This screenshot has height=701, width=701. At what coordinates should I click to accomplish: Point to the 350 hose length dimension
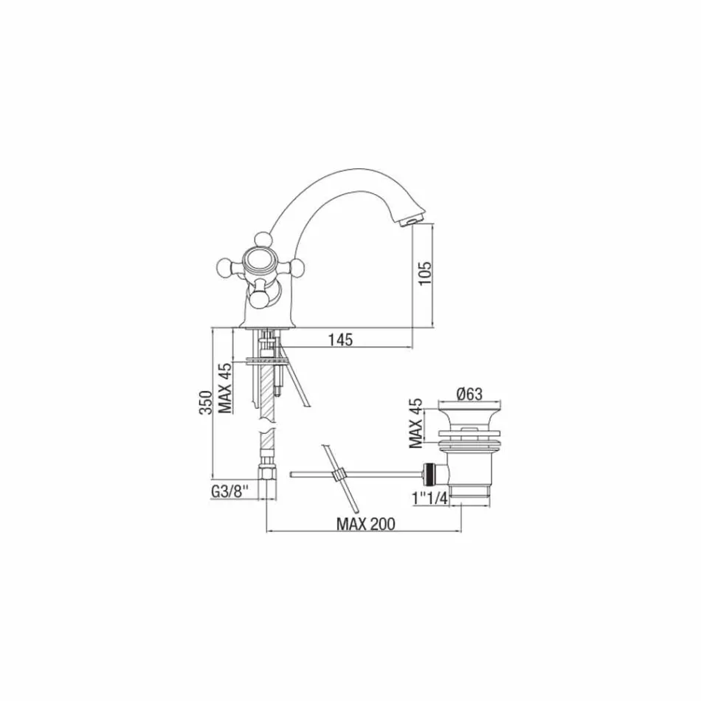[x=207, y=404]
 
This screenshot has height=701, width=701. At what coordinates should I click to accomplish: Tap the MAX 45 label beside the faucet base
[x=227, y=390]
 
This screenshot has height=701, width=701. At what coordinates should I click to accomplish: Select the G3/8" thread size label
[x=234, y=490]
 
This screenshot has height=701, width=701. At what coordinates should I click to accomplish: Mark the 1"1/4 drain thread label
[x=431, y=499]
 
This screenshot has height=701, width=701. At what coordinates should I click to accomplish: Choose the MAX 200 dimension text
[x=365, y=524]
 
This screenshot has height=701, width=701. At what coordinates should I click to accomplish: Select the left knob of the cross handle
[x=224, y=264]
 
